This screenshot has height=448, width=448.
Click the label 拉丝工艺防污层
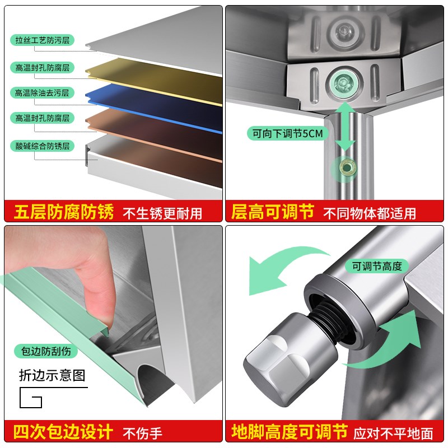[x=43, y=40]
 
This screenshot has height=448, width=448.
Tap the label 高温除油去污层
[x=42, y=93]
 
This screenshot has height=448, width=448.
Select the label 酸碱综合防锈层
[x=43, y=146]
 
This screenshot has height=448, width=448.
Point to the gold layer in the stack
[x=155, y=81]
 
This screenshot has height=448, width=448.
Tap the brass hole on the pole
[x=346, y=167]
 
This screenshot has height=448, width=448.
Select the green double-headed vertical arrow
[x=345, y=126]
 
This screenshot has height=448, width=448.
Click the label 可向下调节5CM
[x=287, y=133]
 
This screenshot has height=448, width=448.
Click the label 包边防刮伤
[x=46, y=351]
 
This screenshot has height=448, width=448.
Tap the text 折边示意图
[x=52, y=375]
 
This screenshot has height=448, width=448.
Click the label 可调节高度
[x=377, y=267]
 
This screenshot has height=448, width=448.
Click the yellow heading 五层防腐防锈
[x=64, y=212]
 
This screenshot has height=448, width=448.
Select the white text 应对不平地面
[x=393, y=433]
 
